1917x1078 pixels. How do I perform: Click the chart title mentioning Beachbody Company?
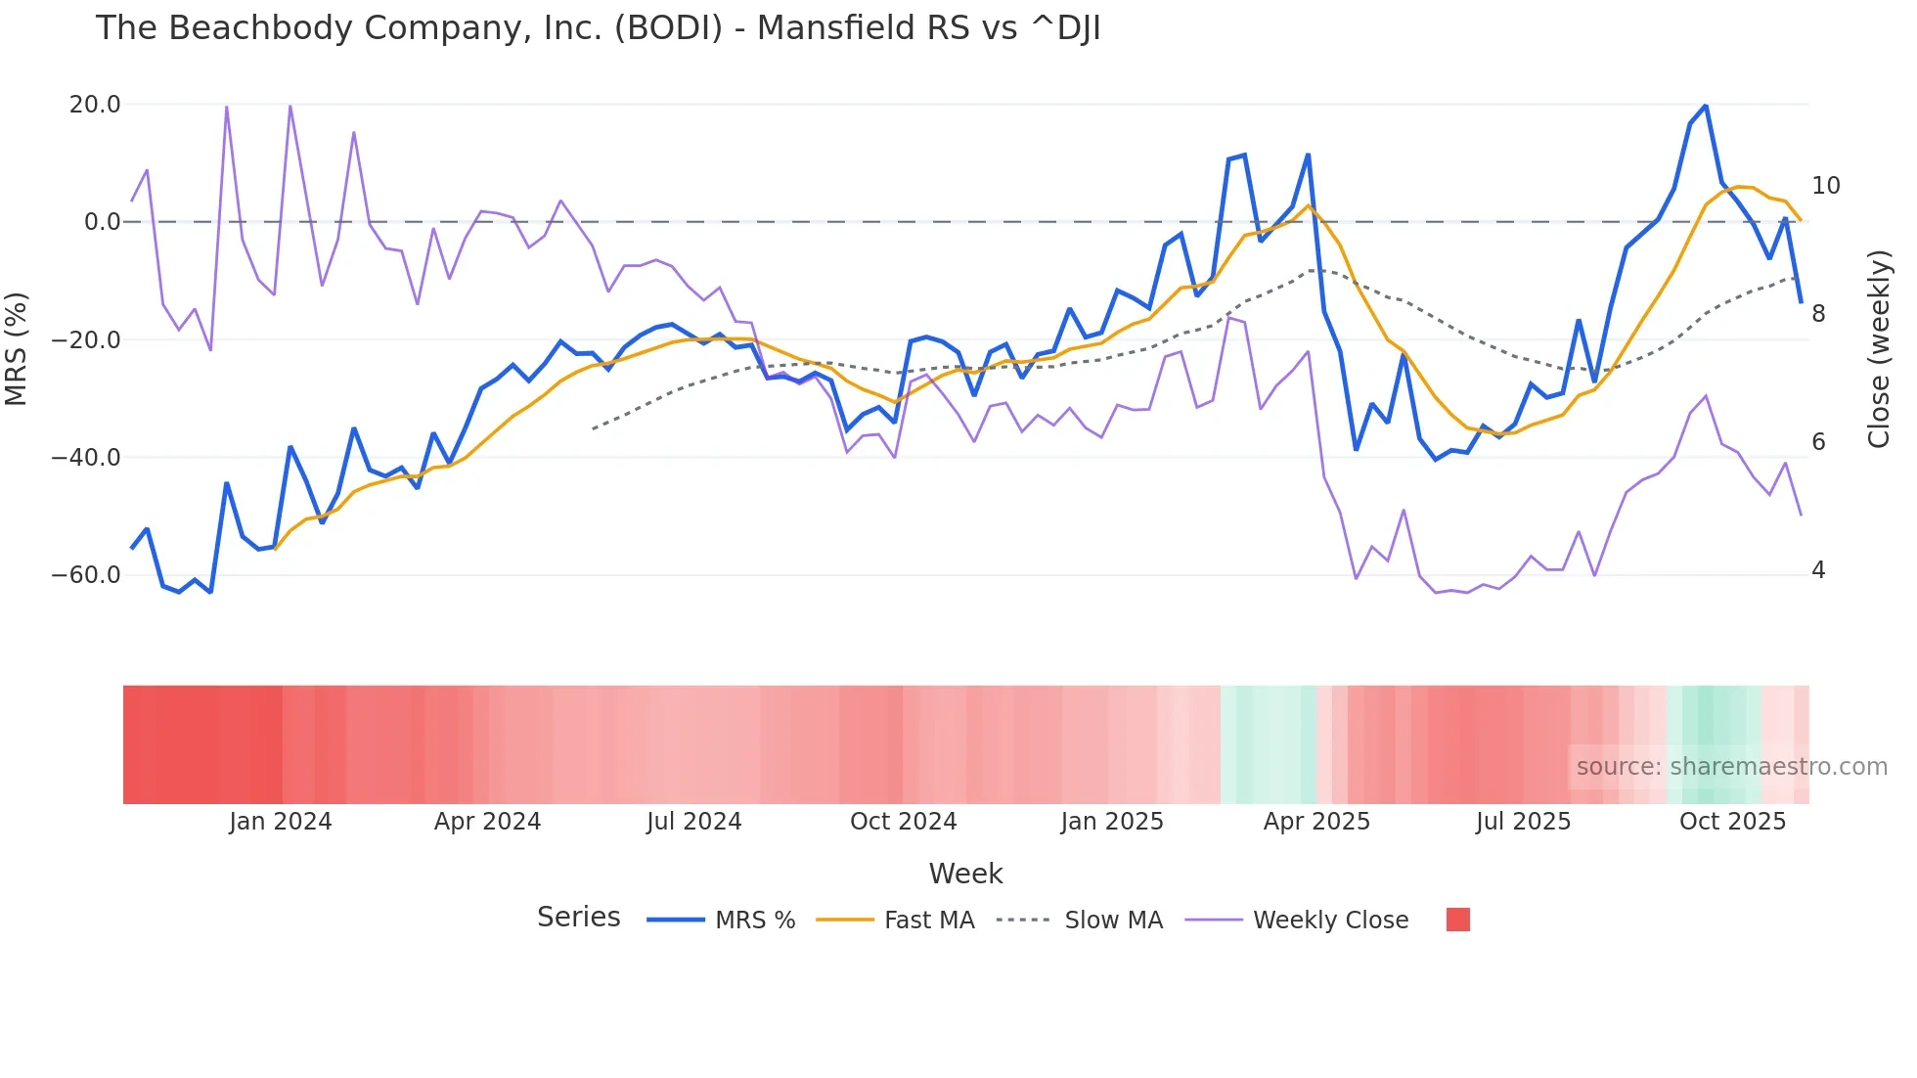coord(598,28)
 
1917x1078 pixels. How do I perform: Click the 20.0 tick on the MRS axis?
coord(95,105)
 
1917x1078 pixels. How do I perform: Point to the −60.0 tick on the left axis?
coord(86,575)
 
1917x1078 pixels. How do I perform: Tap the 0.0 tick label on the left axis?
coord(102,222)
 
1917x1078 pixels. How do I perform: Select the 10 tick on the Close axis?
coord(1825,186)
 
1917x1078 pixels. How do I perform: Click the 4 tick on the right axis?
coord(1818,570)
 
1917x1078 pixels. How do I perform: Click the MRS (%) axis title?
coord(17,349)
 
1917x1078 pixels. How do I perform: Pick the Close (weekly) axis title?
coord(1879,349)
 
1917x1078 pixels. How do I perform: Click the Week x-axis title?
coord(965,874)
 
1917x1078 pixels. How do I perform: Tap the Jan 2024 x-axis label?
coord(281,822)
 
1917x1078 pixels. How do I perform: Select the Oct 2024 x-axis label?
coord(903,822)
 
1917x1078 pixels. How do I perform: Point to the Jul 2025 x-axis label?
coord(1523,822)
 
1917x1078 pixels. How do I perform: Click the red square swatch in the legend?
coord(1457,920)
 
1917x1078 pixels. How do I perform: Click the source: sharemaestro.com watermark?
coord(1731,767)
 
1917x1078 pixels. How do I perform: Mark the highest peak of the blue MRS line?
coord(1706,106)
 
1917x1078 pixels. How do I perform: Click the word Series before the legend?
coord(578,918)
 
